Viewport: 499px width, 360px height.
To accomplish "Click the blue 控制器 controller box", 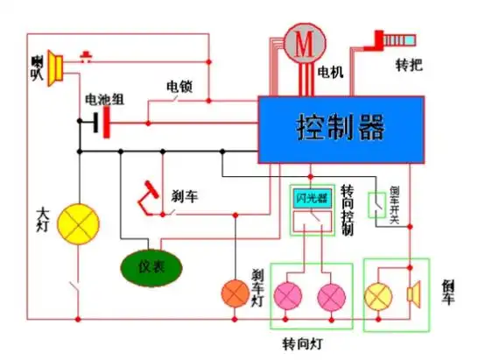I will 341,129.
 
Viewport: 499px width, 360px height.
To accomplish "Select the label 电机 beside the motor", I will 331,70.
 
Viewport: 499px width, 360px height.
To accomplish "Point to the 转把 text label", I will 410,67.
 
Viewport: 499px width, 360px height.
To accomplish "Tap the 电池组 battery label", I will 103,100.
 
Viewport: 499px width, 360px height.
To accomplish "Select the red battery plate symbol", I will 107,124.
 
